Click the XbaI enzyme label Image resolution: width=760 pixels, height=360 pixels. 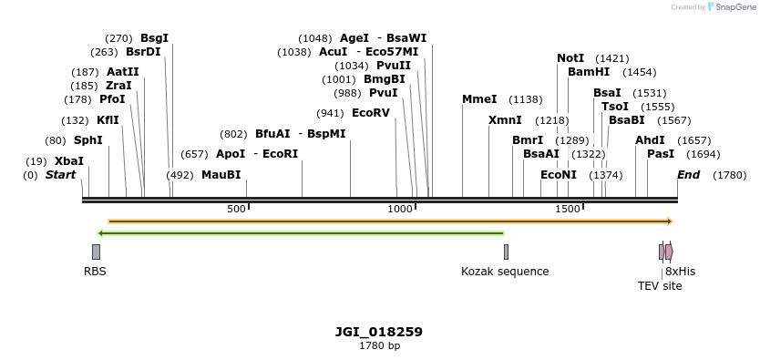(69, 161)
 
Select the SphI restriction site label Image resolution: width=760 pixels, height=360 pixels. (88, 140)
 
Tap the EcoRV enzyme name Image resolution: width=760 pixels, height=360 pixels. (370, 113)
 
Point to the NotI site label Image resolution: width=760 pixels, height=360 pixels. (570, 58)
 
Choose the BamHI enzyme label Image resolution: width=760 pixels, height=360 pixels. (589, 72)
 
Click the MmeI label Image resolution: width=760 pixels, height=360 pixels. (479, 99)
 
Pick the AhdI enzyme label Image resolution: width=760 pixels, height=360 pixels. (650, 140)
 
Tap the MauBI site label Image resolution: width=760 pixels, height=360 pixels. (221, 175)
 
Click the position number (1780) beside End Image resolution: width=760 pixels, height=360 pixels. (729, 175)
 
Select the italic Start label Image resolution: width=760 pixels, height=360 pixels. (61, 175)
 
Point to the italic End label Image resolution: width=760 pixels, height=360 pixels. (688, 175)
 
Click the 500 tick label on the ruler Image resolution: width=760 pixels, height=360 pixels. (236, 210)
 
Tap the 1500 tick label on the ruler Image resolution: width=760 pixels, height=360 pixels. (568, 210)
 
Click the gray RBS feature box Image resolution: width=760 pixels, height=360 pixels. (96, 252)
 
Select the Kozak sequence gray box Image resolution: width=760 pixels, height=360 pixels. (506, 252)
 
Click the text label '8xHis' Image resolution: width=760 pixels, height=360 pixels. (680, 272)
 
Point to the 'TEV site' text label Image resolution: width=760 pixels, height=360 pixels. (660, 286)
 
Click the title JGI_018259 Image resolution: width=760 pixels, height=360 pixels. (379, 332)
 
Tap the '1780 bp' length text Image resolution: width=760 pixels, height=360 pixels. (379, 346)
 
